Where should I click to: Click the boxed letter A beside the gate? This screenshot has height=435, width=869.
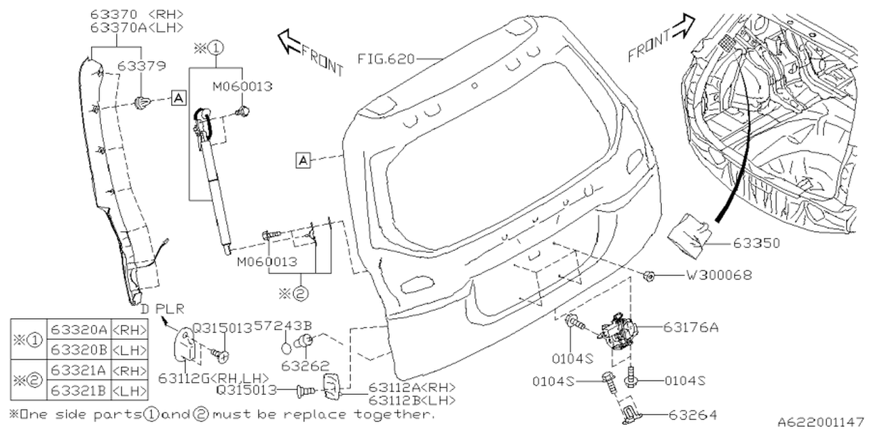pyautogui.click(x=303, y=160)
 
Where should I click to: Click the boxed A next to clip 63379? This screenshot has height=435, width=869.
pyautogui.click(x=178, y=99)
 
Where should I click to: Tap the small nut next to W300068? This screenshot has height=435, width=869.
pyautogui.click(x=649, y=276)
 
